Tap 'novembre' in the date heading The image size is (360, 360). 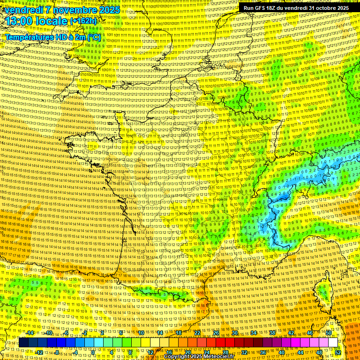(74, 10)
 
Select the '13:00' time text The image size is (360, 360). (22, 22)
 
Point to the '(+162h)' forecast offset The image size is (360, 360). (83, 21)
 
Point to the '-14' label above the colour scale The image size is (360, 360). (30, 333)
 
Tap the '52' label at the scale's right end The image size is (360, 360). (338, 352)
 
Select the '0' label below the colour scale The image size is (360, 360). (93, 352)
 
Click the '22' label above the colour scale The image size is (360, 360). (197, 333)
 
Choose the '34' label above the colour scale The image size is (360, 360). (254, 333)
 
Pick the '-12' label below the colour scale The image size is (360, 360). (39, 352)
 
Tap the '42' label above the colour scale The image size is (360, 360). (291, 333)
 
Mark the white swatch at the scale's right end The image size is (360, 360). (333, 343)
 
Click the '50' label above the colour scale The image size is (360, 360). (329, 333)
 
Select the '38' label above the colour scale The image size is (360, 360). (272, 333)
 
